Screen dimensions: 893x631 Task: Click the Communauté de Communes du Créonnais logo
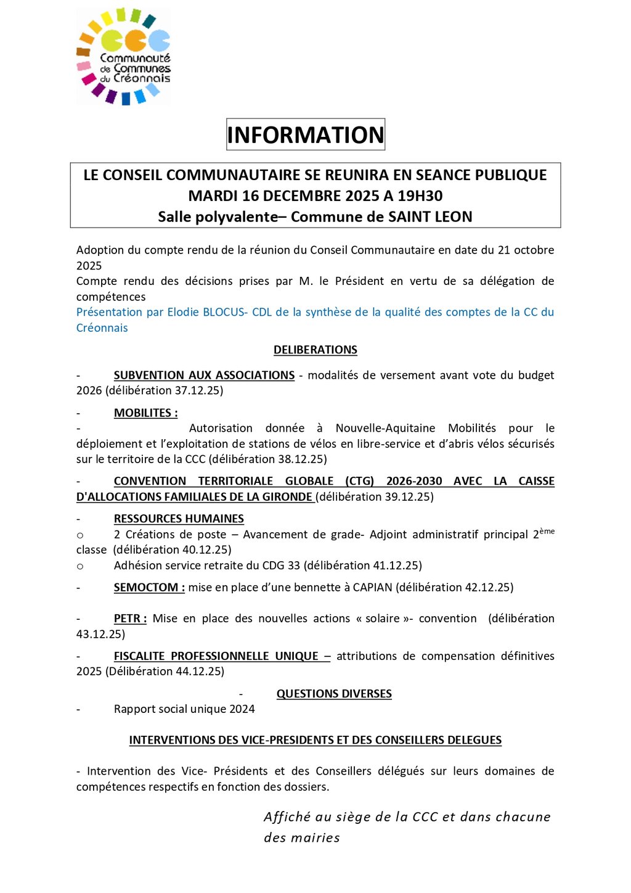click(x=123, y=57)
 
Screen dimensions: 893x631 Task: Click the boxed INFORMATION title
click(x=306, y=134)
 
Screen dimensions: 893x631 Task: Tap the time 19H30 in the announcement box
click(x=420, y=196)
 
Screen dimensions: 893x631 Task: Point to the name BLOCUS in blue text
click(x=223, y=312)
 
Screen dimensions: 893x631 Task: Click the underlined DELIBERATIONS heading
click(x=315, y=350)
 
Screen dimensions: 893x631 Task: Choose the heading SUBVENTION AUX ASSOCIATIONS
click(x=204, y=375)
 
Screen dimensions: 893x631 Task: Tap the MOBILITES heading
click(x=145, y=413)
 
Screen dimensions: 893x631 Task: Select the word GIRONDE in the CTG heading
click(x=288, y=496)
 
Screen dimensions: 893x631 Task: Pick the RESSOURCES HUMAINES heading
click(x=179, y=519)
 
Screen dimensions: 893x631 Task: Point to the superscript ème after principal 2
click(x=547, y=531)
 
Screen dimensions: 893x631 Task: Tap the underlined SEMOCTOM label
click(x=149, y=587)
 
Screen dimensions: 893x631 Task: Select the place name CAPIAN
click(x=372, y=587)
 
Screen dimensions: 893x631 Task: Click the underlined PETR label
click(x=130, y=619)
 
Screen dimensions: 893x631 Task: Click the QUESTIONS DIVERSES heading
click(x=334, y=694)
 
